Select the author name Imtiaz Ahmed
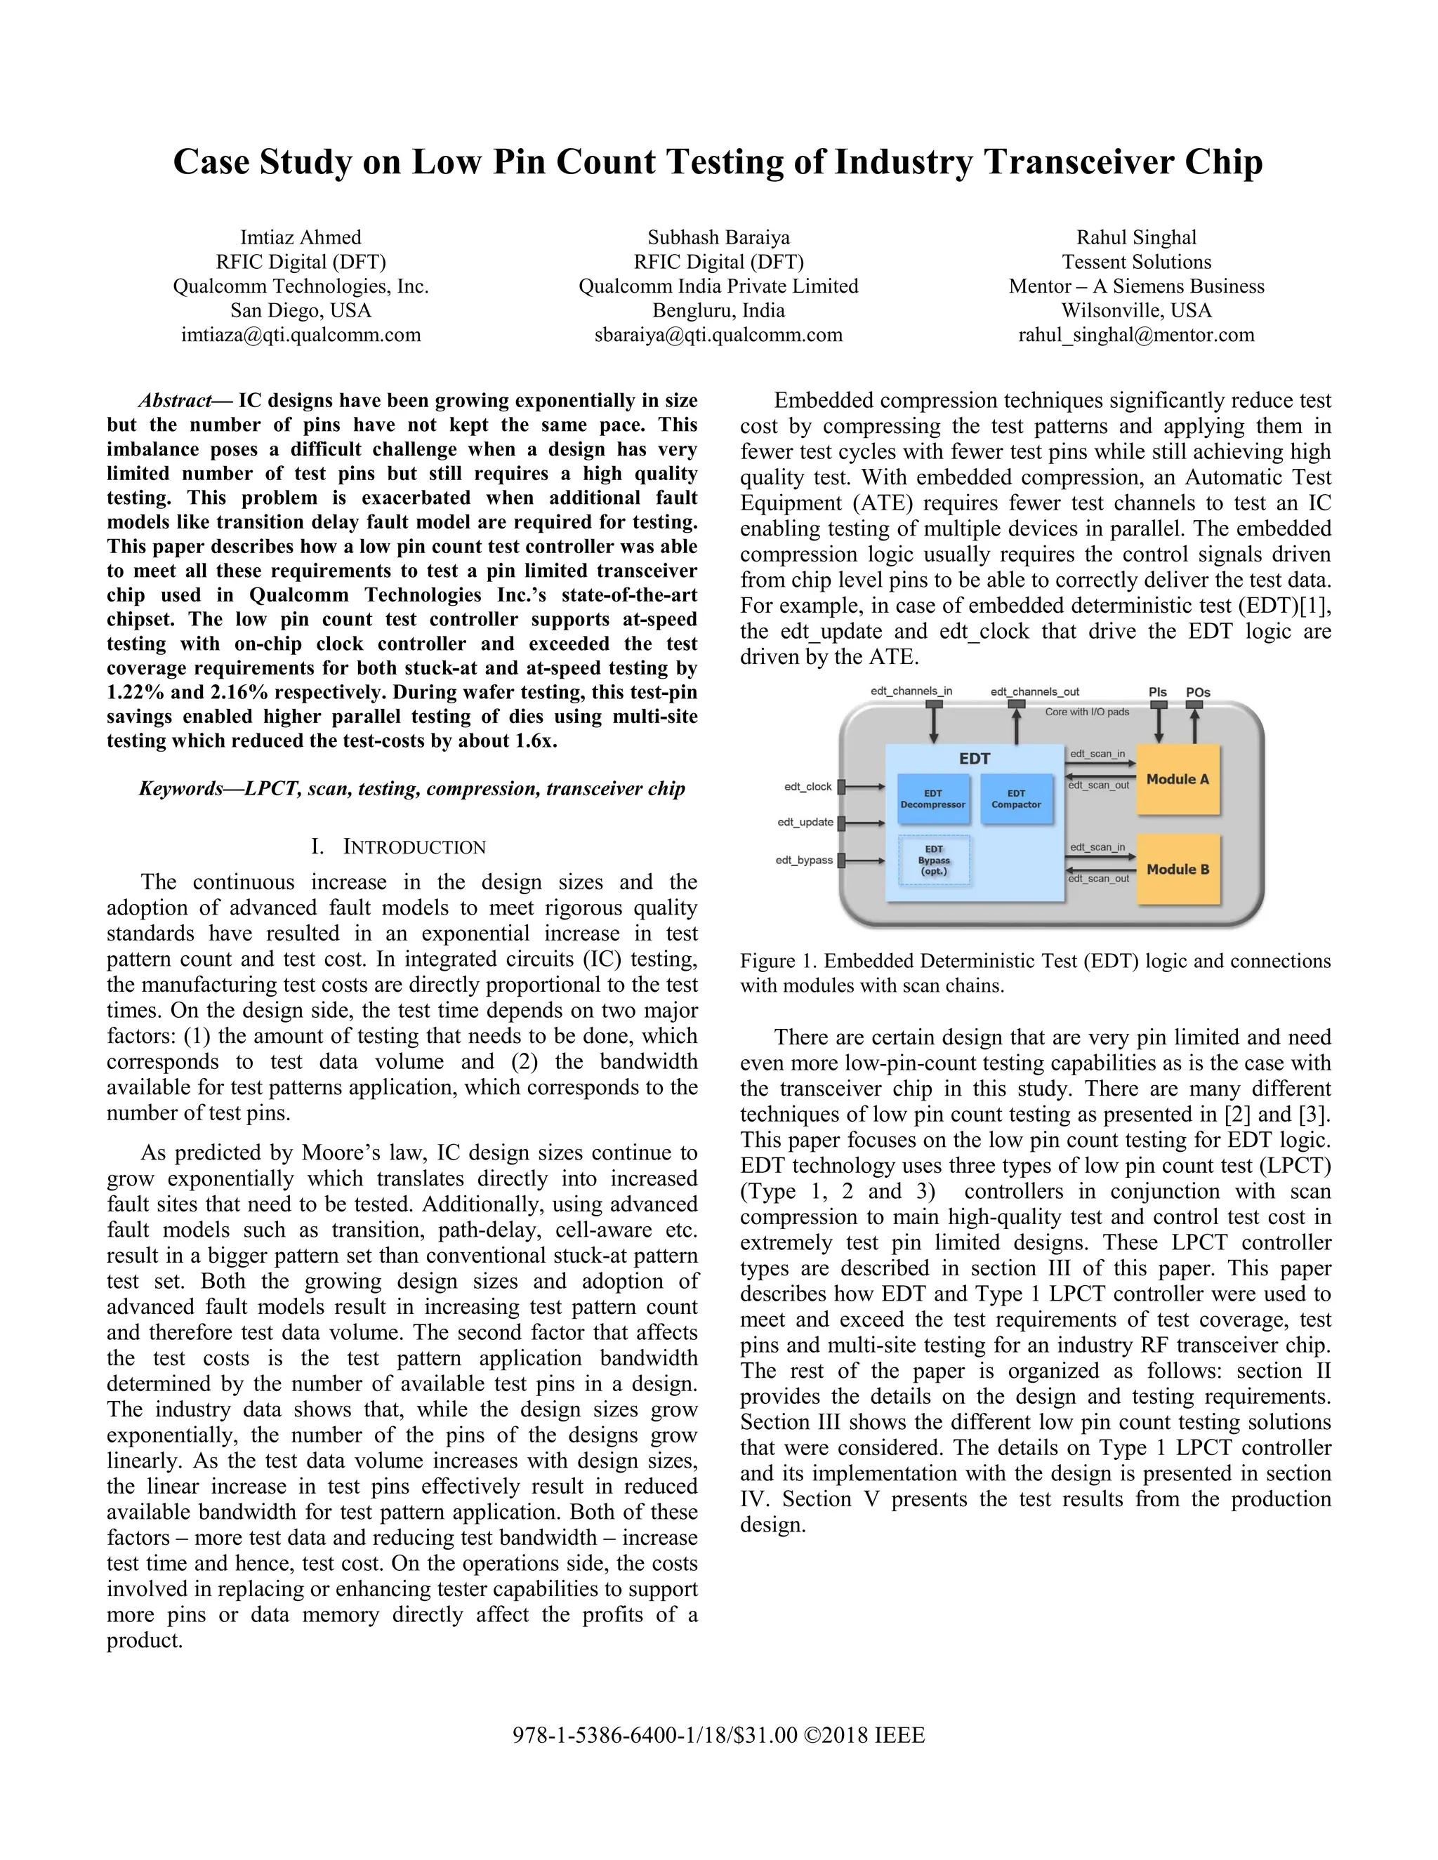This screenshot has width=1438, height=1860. pos(301,238)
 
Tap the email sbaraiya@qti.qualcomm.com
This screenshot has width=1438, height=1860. pos(718,335)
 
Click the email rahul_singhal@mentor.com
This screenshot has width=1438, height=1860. pos(1137,335)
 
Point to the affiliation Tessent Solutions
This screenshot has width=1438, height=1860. pos(1137,263)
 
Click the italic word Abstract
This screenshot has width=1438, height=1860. pos(175,400)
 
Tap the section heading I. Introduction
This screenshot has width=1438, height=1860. pos(399,846)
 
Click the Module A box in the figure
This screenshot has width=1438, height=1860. pos(1178,779)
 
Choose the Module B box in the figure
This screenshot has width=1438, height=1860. pos(1178,870)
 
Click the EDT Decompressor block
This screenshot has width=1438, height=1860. pos(933,799)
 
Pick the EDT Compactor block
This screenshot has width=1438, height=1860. pos(1015,799)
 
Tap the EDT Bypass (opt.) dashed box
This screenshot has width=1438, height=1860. pos(934,861)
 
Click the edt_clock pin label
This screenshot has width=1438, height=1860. pos(807,787)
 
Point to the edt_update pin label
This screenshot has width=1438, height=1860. pos(805,823)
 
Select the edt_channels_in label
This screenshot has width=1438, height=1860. pos(911,691)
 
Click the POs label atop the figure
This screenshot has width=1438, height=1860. pos(1198,692)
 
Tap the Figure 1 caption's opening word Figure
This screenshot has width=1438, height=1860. pos(767,962)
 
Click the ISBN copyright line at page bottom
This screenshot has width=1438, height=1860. pos(718,1736)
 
